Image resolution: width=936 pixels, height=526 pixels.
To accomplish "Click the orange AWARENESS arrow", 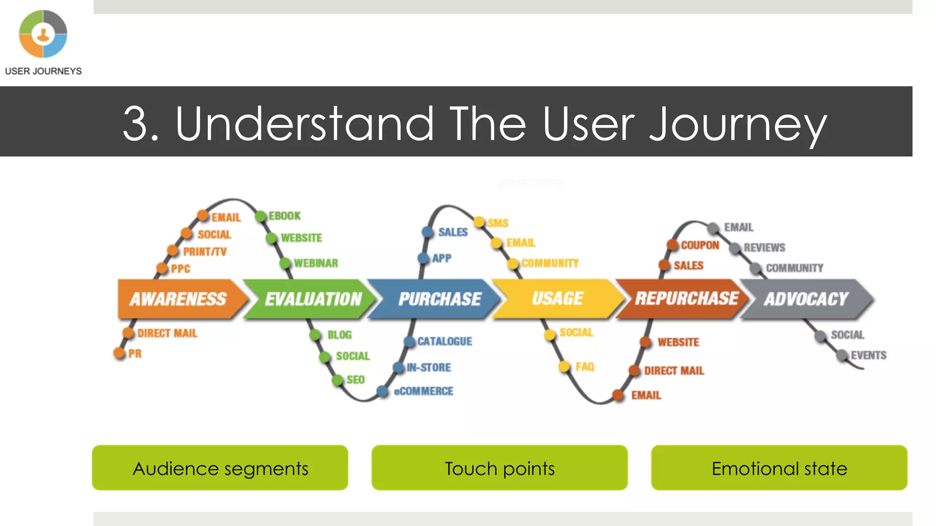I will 178,299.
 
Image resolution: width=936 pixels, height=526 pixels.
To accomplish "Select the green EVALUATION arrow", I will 313,299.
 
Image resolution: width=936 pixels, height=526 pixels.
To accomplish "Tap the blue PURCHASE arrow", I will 439,299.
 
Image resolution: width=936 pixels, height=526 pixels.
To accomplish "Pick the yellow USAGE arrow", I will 558,299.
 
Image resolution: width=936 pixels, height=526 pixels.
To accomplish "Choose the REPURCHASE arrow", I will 686,299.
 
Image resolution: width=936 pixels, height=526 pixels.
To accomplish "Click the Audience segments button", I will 220,468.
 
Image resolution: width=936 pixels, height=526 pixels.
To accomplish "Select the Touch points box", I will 500,468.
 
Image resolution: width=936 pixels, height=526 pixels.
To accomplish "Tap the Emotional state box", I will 779,468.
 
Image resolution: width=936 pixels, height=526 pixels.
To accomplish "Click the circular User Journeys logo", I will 43,34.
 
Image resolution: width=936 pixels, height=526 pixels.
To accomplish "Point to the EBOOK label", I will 284,216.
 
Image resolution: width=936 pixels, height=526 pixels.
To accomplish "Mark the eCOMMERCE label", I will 424,391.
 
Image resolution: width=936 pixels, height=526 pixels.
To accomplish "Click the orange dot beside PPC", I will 162,268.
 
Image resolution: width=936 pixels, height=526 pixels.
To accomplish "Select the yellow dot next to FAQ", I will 564,366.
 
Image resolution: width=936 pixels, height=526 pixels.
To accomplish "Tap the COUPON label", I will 700,245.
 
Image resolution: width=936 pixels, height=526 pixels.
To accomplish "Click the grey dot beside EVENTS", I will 842,355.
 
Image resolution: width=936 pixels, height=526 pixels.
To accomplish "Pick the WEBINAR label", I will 316,263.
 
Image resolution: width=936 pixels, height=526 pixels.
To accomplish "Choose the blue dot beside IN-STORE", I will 399,368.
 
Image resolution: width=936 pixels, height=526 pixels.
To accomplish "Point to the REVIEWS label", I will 764,247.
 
